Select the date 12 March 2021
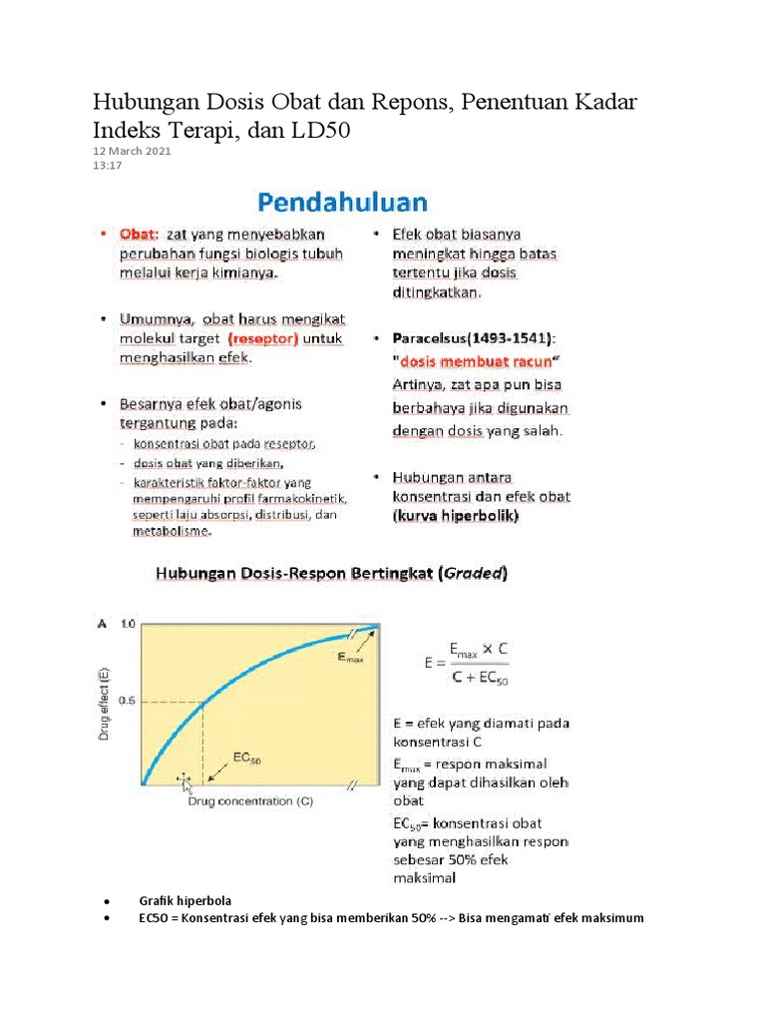[x=132, y=151]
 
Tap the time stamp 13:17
[x=107, y=166]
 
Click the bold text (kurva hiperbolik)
[x=456, y=517]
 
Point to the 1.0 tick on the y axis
[x=127, y=624]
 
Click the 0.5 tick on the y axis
[x=127, y=702]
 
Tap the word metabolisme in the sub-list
[x=172, y=531]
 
